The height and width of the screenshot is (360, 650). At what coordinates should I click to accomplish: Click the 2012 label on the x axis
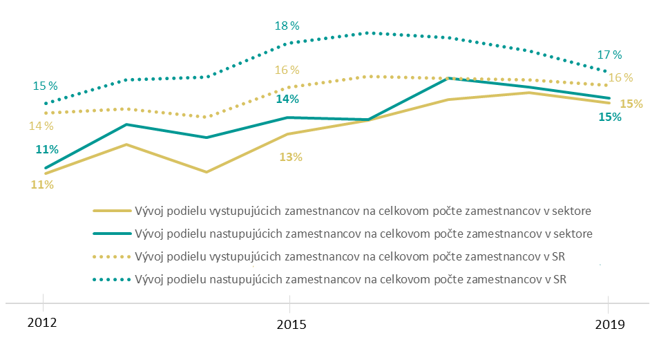(x=43, y=323)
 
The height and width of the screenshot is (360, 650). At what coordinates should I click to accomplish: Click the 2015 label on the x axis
(x=289, y=323)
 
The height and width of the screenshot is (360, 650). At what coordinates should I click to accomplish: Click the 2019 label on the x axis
(x=608, y=323)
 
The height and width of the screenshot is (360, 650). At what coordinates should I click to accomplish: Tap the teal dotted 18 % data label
(x=287, y=26)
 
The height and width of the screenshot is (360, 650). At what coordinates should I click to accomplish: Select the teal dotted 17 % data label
(x=610, y=55)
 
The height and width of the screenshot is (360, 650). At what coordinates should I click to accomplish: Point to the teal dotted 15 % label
(x=46, y=86)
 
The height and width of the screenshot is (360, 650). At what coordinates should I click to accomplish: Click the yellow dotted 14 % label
(x=41, y=126)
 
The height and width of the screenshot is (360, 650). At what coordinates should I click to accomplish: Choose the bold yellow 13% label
(x=291, y=157)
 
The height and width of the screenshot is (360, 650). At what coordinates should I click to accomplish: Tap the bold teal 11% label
(x=47, y=149)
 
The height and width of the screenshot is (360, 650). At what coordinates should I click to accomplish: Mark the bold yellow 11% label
(x=41, y=184)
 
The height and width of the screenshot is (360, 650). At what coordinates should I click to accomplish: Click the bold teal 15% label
(x=610, y=117)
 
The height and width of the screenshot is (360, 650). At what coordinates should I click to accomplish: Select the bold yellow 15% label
(x=631, y=104)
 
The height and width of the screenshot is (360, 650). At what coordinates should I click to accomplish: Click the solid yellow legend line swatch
(x=111, y=210)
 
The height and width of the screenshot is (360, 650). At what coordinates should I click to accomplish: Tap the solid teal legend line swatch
(x=111, y=233)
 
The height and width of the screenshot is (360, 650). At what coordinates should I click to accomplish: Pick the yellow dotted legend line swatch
(x=111, y=256)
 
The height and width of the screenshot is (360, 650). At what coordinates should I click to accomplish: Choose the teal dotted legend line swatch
(x=111, y=279)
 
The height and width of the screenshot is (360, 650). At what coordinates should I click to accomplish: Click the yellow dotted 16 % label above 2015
(x=287, y=70)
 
